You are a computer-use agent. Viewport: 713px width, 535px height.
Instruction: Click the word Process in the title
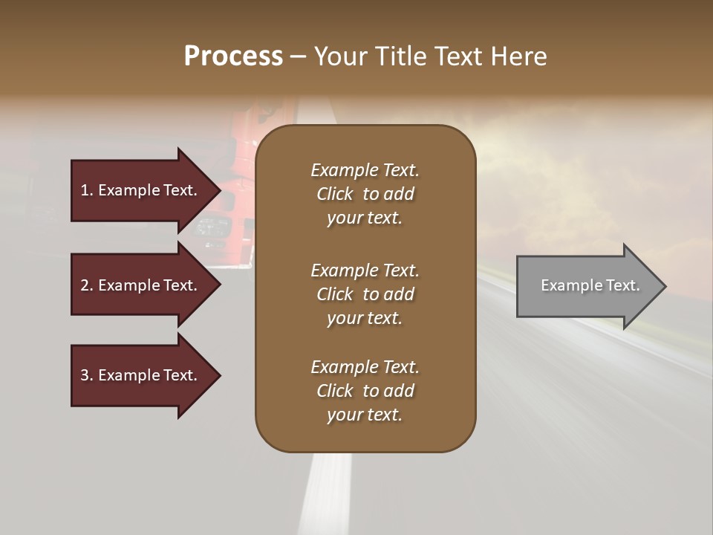233,56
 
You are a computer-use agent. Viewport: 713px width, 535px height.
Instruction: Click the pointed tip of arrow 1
218,190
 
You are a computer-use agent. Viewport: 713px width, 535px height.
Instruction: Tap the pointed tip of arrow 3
218,375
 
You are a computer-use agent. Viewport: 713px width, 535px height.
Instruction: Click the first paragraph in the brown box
365,194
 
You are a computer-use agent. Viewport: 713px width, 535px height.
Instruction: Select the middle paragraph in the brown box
365,294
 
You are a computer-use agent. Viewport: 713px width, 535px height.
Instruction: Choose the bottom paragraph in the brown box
365,391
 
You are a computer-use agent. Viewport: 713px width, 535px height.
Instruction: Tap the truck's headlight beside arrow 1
212,227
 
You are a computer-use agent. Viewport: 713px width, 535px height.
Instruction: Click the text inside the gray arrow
590,285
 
